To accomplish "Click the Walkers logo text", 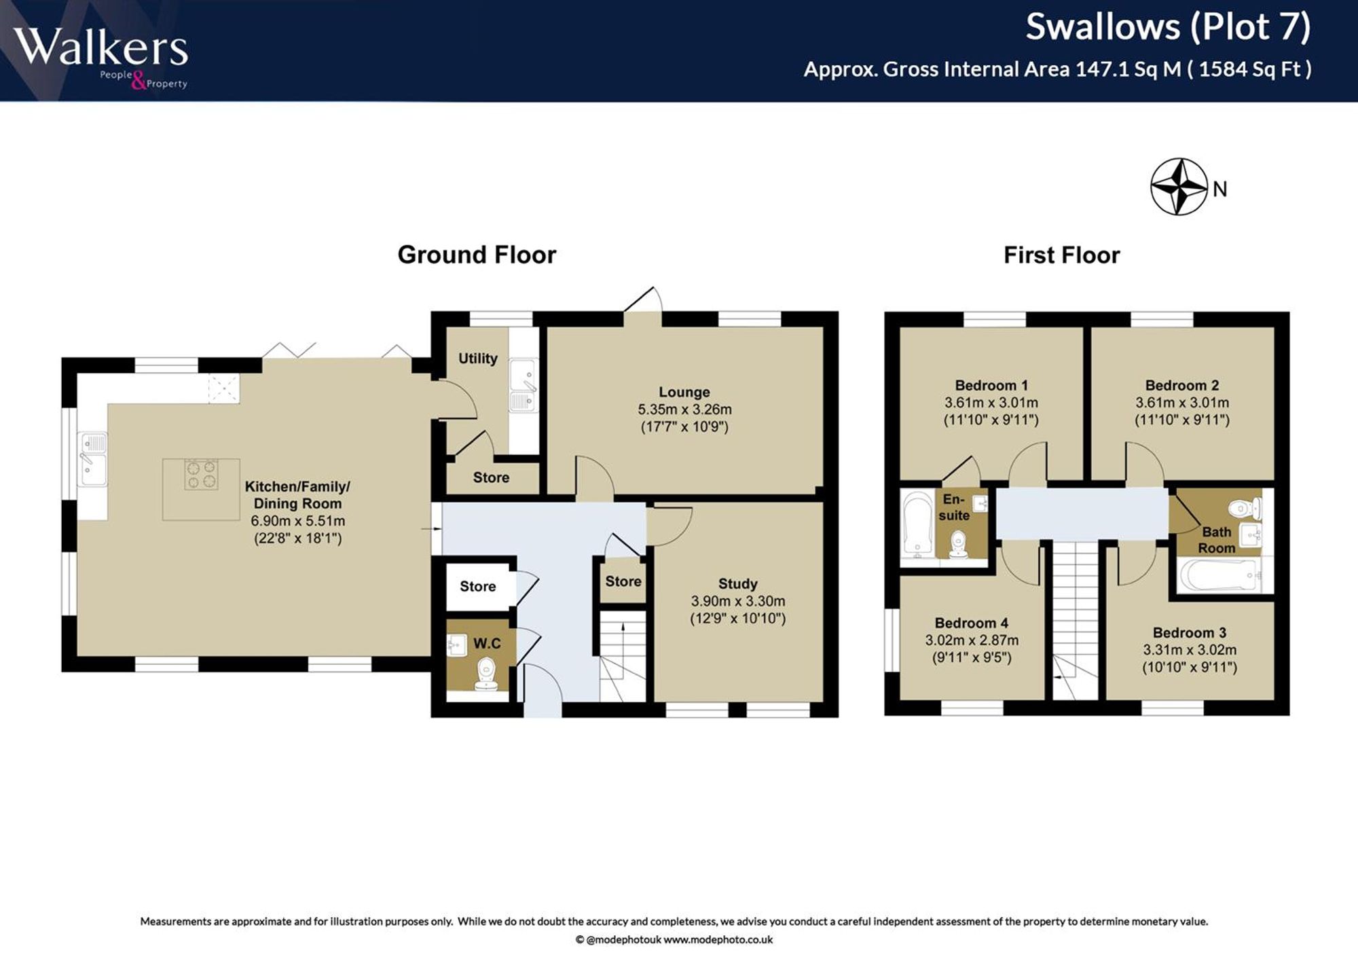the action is [100, 48].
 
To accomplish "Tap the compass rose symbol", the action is [1179, 187].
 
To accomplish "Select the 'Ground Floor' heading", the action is [477, 255].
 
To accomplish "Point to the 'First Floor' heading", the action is [1061, 255].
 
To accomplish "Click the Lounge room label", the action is [684, 392].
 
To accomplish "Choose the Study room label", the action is [738, 583].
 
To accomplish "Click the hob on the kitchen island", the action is [202, 474].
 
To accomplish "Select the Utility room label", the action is [478, 358].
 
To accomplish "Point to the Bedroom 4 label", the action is [971, 623].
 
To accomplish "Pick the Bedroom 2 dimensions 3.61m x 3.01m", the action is [1182, 403].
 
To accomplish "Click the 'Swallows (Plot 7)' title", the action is [1168, 27].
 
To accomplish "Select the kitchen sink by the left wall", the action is [94, 459].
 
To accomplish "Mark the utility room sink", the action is [524, 385].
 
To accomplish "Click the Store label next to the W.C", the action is [478, 586].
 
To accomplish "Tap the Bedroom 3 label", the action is [1189, 632].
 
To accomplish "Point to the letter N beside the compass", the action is [1220, 189].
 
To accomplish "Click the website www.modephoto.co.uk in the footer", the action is [718, 940].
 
